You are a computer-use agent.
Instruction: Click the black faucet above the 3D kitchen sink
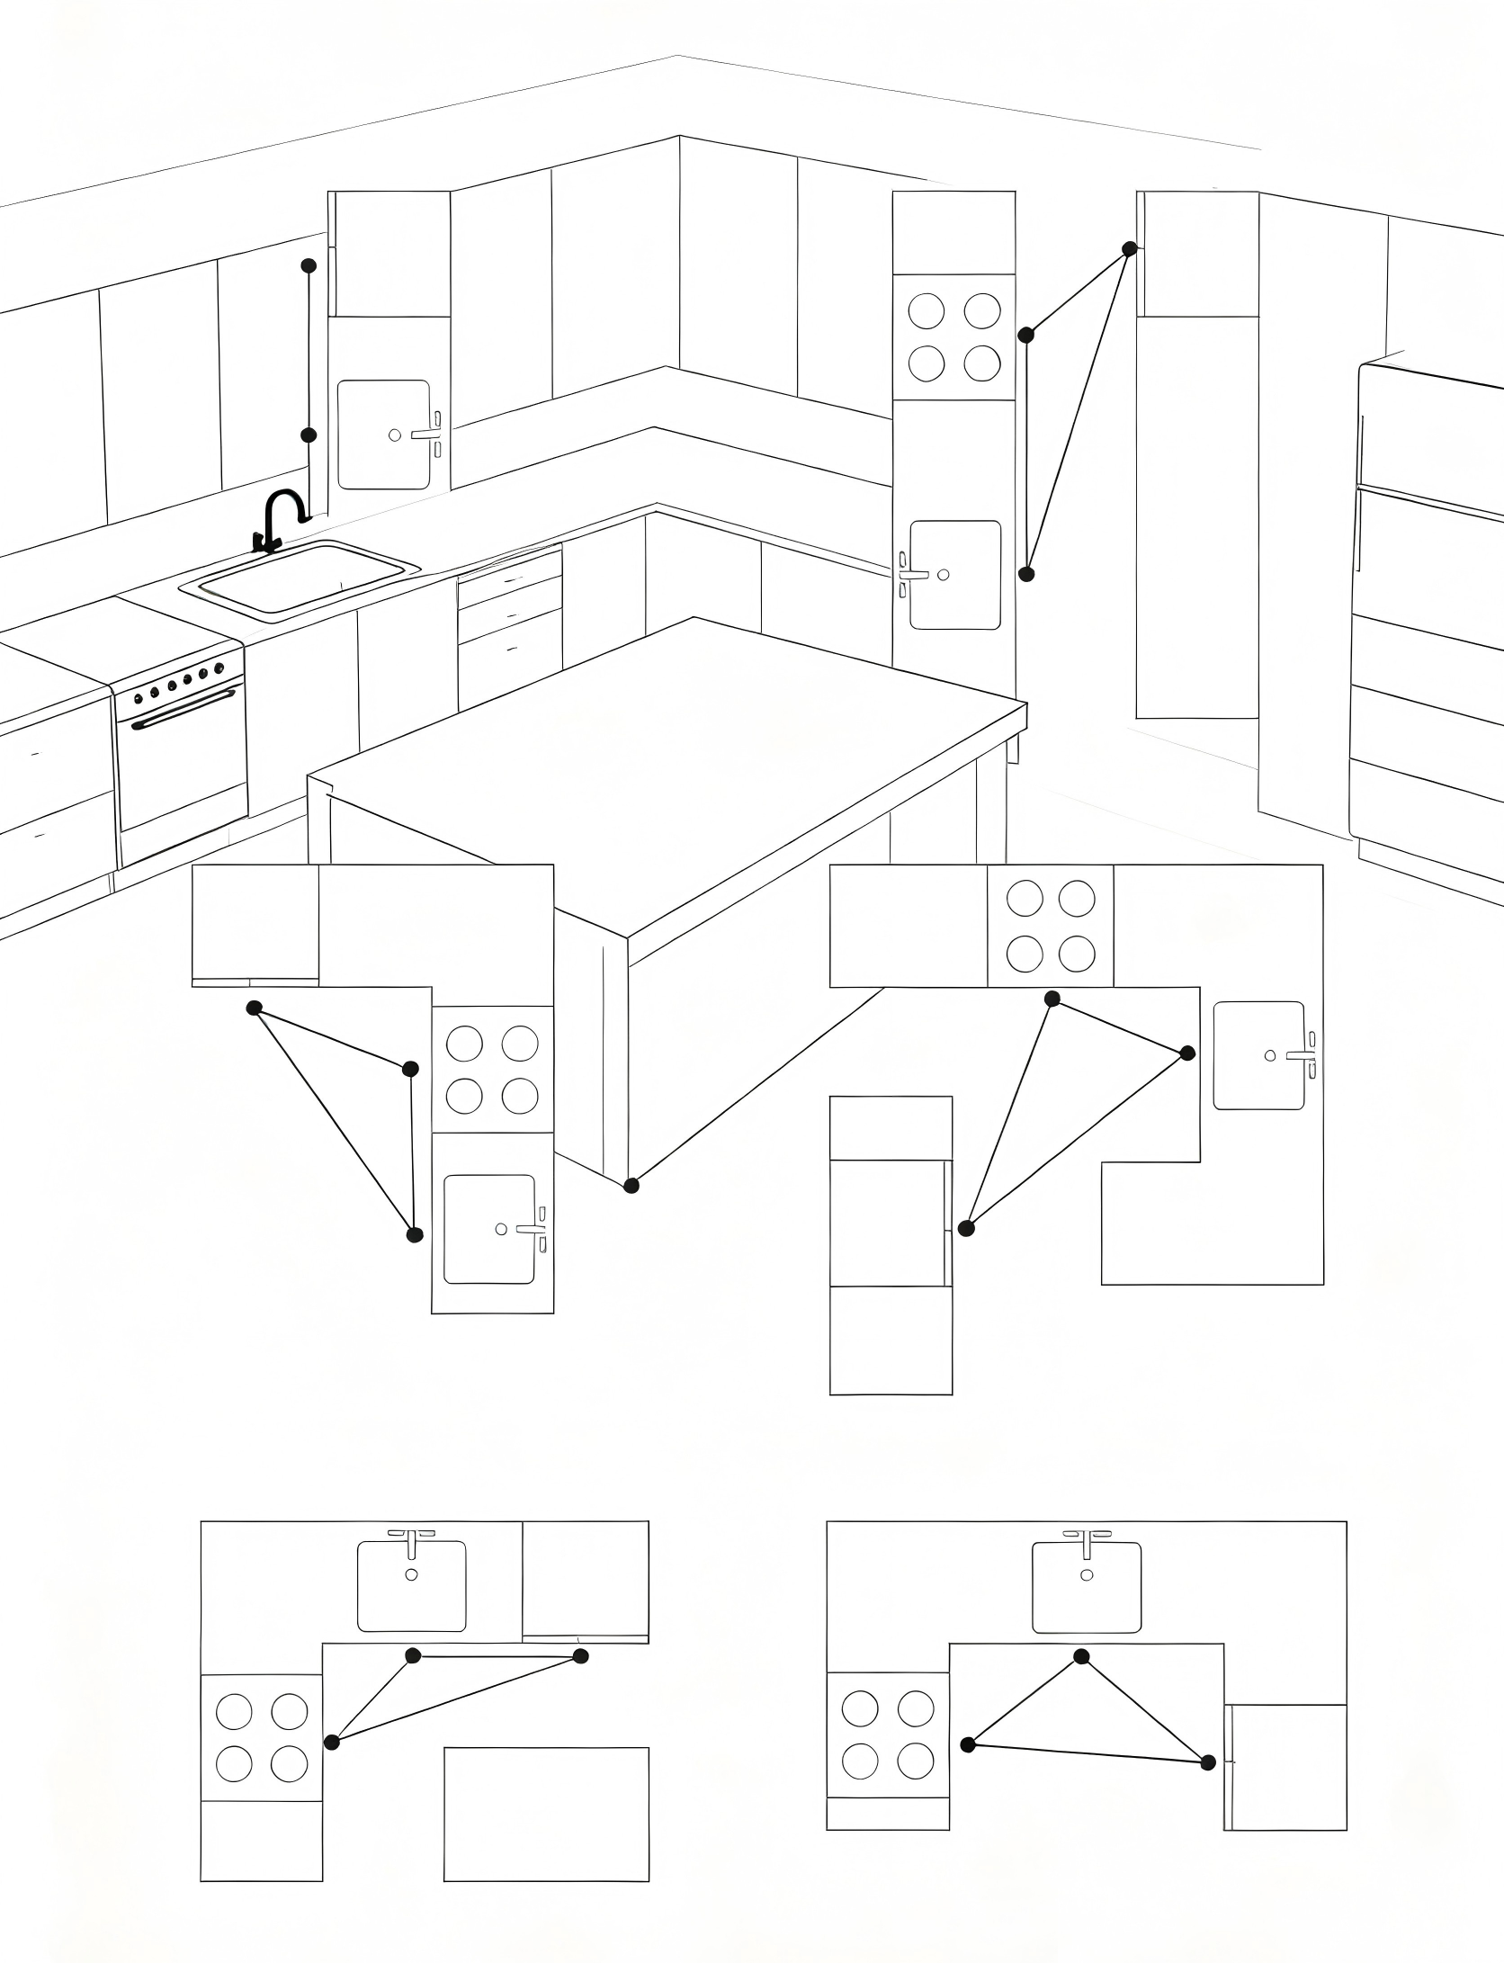[x=282, y=517]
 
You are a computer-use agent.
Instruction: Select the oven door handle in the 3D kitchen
[x=184, y=707]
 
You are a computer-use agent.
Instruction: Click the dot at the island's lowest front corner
[x=631, y=1185]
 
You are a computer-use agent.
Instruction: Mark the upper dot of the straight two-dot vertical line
[x=309, y=265]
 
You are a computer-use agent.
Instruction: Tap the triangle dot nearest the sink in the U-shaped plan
[x=1082, y=1656]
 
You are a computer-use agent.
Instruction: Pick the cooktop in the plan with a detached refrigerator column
[x=1051, y=926]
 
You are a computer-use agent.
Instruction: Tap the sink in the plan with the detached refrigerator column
[x=1259, y=1054]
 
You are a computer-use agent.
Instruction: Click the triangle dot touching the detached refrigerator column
[x=966, y=1228]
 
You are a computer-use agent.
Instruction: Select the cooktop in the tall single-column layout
[x=954, y=336]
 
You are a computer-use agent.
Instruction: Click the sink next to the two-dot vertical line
[x=384, y=435]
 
